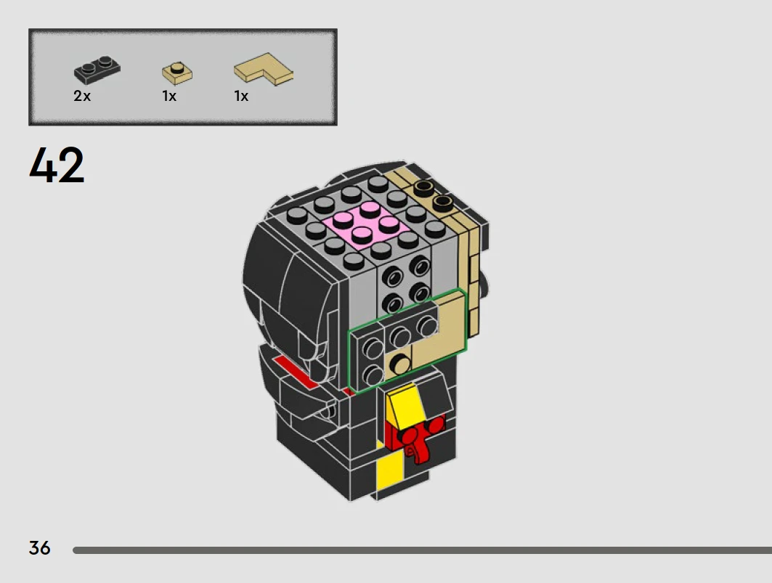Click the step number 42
57,166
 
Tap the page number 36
39,548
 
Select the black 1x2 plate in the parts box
97,70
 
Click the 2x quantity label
82,96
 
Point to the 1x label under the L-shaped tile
241,96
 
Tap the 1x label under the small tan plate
169,96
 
